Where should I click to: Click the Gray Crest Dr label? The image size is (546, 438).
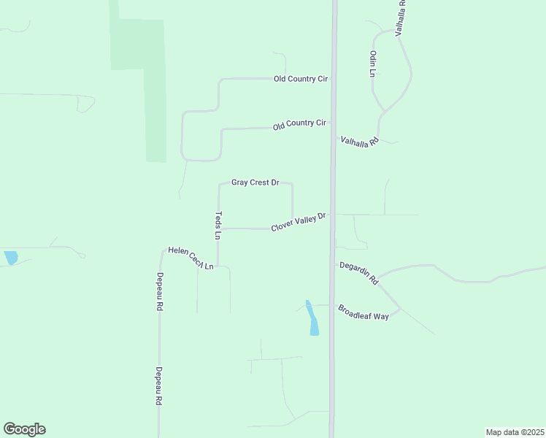tap(255, 182)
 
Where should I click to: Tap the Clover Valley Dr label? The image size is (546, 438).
tap(298, 223)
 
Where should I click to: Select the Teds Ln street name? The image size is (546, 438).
tap(218, 226)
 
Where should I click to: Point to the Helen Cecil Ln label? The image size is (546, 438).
tap(191, 258)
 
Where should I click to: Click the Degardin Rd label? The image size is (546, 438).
tap(358, 273)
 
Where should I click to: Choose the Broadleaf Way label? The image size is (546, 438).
tap(364, 312)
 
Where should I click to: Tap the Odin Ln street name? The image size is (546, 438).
tap(372, 64)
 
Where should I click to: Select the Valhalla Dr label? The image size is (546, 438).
tap(401, 18)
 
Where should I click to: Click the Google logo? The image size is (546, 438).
tap(24, 429)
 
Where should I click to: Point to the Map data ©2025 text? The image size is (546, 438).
tap(515, 431)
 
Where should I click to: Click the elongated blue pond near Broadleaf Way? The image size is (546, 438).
tap(312, 318)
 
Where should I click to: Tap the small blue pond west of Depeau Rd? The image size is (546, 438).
tap(10, 258)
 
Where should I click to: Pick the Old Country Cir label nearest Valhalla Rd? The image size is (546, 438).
tap(299, 125)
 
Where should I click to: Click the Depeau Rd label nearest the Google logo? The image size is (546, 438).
tap(158, 385)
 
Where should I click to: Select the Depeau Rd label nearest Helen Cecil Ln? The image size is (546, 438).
tap(158, 292)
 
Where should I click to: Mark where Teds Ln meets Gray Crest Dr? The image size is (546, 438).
tap(218, 185)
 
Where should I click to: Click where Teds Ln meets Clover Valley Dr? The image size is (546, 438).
tap(218, 228)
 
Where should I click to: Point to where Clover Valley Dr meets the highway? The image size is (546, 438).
tap(333, 215)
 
